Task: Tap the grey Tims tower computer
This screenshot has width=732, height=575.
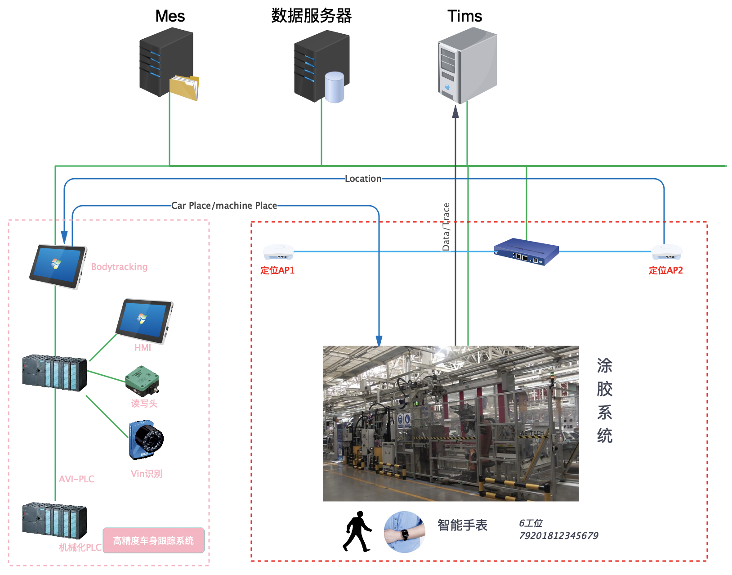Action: click(467, 65)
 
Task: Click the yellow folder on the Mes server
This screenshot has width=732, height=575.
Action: click(184, 88)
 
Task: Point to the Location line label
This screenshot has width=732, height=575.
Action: click(363, 179)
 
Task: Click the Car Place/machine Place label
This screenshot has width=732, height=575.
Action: click(224, 206)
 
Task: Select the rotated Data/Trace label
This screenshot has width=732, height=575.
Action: click(446, 227)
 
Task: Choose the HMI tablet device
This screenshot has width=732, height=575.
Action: click(144, 320)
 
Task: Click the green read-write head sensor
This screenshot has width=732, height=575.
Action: click(142, 380)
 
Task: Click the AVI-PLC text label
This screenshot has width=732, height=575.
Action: click(77, 479)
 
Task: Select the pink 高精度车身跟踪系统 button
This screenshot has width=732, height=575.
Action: click(153, 540)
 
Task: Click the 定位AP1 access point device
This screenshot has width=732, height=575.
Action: click(278, 252)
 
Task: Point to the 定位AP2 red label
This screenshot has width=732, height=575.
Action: click(665, 270)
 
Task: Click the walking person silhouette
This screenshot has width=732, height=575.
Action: click(357, 531)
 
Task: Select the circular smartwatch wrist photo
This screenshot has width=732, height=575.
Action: click(404, 532)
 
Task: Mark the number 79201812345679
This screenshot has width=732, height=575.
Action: click(558, 536)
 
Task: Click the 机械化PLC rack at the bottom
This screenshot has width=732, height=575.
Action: click(54, 520)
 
